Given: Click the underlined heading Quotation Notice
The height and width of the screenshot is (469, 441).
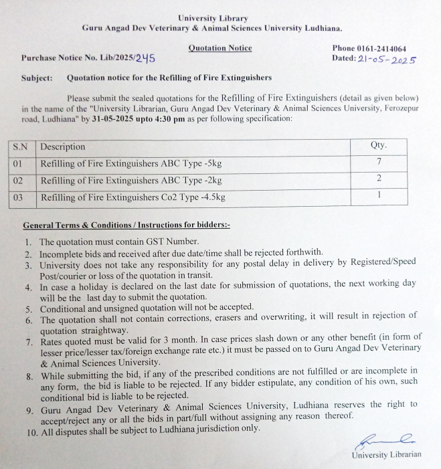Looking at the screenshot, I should (x=219, y=48).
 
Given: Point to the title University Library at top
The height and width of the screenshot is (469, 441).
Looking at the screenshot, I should (x=213, y=18).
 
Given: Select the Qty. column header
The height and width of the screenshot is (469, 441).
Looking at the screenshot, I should (x=378, y=145).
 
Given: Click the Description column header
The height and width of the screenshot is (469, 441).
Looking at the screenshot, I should (x=63, y=147).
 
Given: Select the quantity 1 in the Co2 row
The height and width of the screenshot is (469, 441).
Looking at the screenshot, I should (x=379, y=195).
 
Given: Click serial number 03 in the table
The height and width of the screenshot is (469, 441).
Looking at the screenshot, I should (x=19, y=197).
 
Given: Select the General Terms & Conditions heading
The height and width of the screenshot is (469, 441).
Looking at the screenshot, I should (x=126, y=225).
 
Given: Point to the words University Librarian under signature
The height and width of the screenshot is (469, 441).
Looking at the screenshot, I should (x=387, y=455).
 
